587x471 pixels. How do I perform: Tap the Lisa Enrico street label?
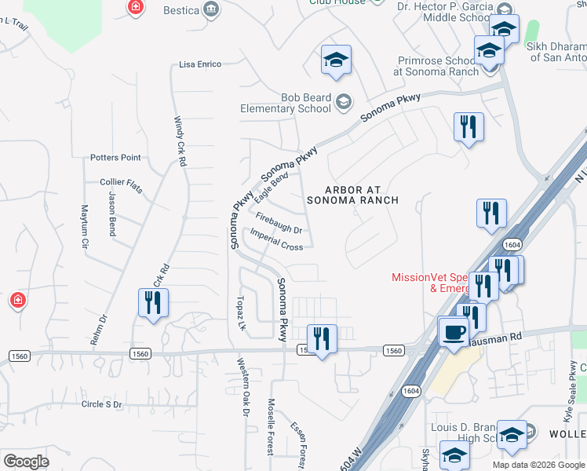(200, 64)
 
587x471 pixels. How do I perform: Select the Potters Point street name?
(115, 158)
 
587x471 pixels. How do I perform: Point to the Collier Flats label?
(121, 182)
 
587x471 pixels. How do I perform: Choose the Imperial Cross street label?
(276, 240)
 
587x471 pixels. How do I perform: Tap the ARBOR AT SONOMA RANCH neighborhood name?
(363, 195)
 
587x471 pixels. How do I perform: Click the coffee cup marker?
(453, 332)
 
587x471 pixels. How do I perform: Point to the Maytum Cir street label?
(84, 227)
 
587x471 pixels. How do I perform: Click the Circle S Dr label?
(101, 404)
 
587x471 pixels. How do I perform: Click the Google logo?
(26, 462)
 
